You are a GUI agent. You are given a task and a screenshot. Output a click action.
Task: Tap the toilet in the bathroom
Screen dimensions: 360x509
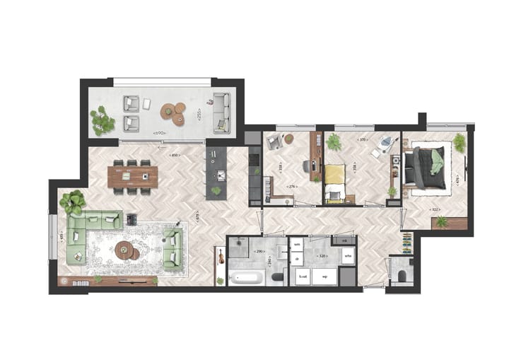pos(277,277)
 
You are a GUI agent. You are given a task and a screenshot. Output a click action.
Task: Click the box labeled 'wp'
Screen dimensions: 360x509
pos(324,277)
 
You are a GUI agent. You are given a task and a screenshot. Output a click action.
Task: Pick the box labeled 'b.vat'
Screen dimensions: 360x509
pos(303,277)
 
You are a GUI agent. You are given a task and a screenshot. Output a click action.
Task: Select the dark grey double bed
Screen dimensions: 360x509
pos(428,168)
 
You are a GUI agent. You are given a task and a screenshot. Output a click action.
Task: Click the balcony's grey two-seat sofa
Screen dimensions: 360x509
pos(221,112)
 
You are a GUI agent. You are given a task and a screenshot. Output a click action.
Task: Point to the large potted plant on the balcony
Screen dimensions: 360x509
pos(103,120)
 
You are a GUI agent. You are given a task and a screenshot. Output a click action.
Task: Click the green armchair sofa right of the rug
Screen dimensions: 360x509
pos(172,249)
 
